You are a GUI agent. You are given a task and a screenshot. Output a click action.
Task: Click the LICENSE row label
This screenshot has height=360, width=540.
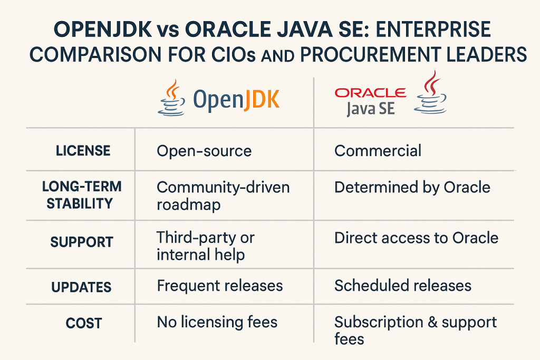[x=83, y=151]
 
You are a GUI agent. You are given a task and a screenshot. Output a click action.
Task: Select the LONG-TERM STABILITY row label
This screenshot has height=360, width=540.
[x=82, y=195]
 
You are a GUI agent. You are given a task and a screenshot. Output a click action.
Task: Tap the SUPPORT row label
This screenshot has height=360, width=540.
[x=82, y=242]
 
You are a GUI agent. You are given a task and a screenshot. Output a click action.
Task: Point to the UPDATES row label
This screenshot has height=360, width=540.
[x=81, y=287]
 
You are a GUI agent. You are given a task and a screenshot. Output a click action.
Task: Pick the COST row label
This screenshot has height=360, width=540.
[x=84, y=323]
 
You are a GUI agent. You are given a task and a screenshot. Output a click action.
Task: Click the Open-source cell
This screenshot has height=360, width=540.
[x=204, y=151]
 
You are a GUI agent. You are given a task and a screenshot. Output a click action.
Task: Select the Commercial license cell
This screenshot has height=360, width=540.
[x=378, y=151]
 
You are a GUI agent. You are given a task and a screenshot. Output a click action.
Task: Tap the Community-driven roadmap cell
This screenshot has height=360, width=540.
[x=223, y=196]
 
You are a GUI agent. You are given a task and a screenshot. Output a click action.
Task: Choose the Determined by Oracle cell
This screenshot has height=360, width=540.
[x=412, y=188]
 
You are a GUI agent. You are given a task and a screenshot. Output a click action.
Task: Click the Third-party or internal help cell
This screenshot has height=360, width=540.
[x=206, y=246]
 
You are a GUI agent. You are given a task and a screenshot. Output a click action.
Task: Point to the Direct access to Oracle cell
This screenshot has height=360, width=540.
[x=417, y=238]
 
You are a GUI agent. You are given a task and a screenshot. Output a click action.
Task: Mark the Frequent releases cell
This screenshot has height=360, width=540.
[x=220, y=286]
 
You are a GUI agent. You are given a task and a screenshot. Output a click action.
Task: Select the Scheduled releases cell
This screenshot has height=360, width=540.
[x=402, y=286]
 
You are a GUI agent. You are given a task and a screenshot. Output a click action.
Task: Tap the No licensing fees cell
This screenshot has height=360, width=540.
[x=217, y=322]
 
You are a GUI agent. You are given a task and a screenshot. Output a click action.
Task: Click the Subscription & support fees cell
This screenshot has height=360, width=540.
[x=416, y=330]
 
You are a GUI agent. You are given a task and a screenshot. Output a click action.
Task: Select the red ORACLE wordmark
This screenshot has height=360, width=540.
[x=371, y=93]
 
